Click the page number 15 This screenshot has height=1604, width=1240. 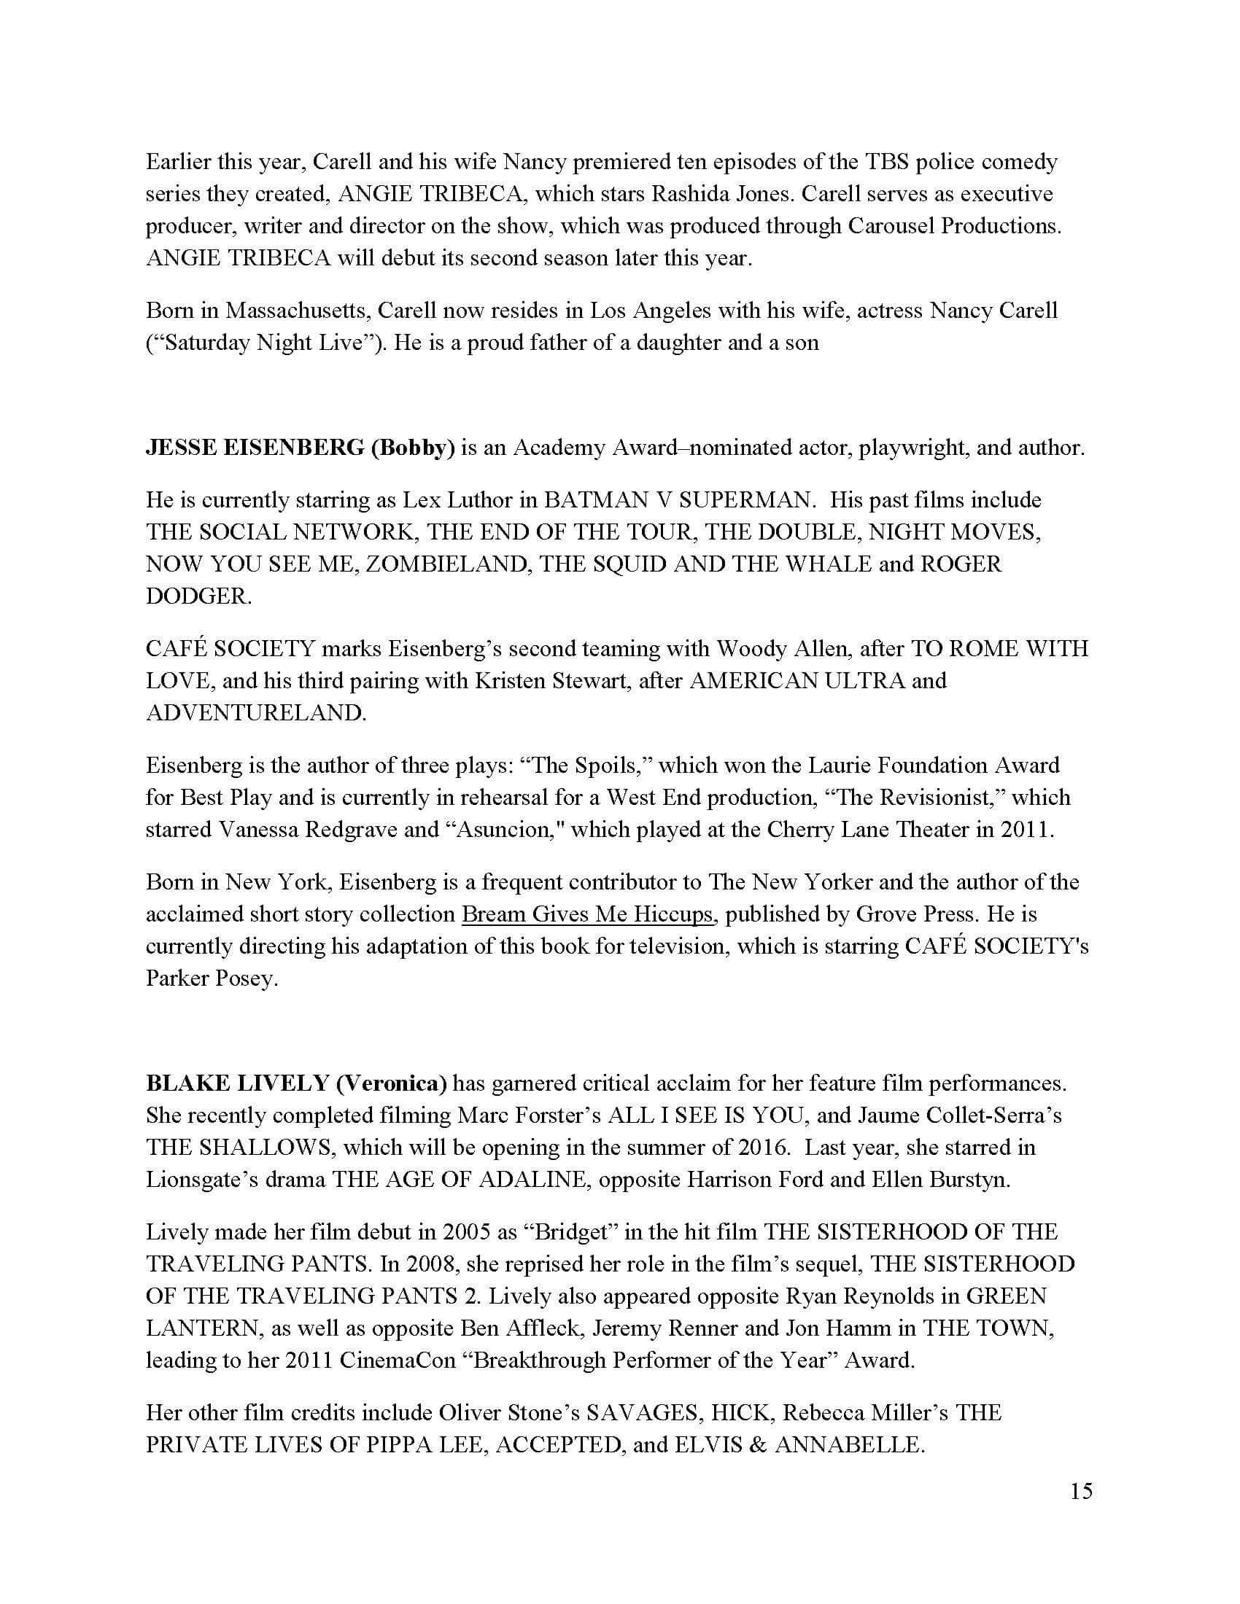pyautogui.click(x=1081, y=1491)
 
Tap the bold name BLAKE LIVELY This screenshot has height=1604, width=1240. pyautogui.click(x=237, y=1083)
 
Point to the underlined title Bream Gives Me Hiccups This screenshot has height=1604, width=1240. pyautogui.click(x=587, y=914)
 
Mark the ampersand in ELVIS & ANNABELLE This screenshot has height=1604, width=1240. pyautogui.click(x=759, y=1445)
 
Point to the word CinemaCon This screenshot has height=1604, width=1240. pyautogui.click(x=397, y=1361)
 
